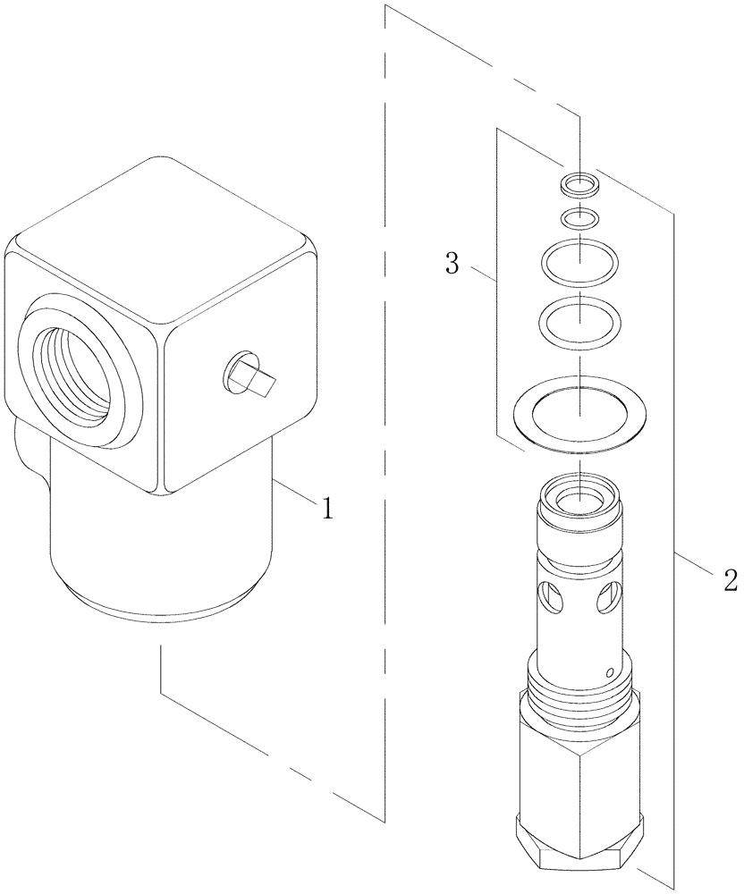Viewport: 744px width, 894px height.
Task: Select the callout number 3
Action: coord(453,264)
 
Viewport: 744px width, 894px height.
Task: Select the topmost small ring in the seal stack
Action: coord(579,185)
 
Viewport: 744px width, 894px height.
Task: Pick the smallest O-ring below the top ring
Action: coord(579,217)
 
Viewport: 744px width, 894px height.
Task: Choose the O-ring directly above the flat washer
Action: coord(579,317)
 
